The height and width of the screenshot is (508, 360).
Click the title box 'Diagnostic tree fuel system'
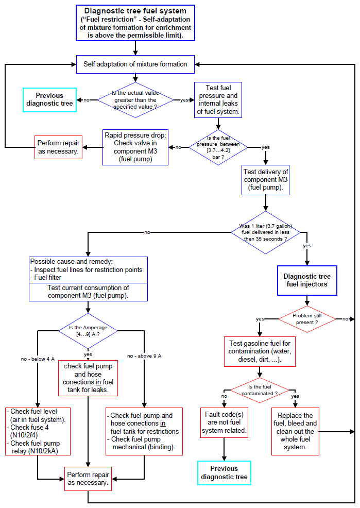[x=135, y=23]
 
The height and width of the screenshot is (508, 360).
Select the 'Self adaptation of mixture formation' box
[x=135, y=64]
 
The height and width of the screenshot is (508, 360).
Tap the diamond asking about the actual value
[x=135, y=100]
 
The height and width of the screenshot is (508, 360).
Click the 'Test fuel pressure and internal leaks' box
[x=218, y=100]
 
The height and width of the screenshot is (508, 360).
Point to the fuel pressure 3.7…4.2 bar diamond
[x=218, y=147]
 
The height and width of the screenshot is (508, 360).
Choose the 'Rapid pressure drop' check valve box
[x=135, y=147]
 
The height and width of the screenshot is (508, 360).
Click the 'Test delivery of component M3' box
[x=265, y=180]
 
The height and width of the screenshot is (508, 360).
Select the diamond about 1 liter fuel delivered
[x=265, y=232]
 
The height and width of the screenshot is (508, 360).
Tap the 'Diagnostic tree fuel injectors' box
[x=307, y=281]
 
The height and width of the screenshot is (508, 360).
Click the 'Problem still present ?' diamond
[x=307, y=319]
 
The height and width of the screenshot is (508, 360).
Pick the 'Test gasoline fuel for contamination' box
[x=260, y=351]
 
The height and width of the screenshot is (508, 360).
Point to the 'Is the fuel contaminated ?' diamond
[x=260, y=390]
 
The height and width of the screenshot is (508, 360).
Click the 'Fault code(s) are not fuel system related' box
[x=224, y=423]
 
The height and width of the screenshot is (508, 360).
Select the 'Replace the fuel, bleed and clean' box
[x=295, y=432]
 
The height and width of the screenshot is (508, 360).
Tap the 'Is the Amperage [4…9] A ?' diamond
[x=88, y=331]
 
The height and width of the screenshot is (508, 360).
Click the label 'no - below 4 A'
[x=38, y=359]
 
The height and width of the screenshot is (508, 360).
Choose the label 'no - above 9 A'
[x=144, y=355]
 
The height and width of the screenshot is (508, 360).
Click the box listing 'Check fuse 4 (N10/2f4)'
[x=38, y=432]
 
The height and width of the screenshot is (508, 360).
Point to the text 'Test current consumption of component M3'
[x=88, y=292]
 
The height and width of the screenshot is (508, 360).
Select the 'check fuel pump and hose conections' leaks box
[x=88, y=378]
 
